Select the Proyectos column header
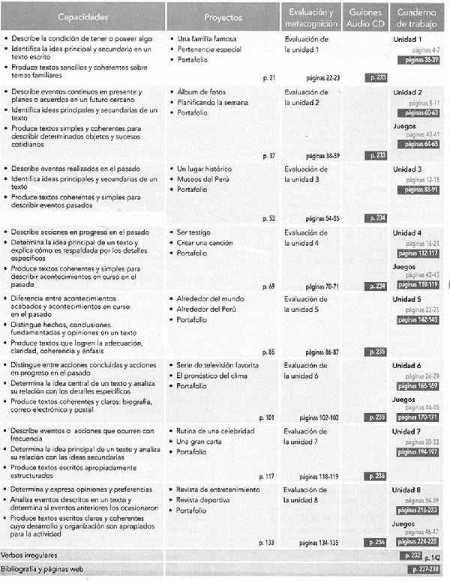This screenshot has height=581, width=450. point(223,16)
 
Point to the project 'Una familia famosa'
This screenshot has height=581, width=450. point(206,37)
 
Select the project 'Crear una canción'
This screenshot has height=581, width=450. point(205,243)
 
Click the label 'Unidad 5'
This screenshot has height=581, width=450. point(408,299)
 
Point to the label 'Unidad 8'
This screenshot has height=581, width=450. point(408,490)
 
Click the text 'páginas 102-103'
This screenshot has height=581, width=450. point(319,417)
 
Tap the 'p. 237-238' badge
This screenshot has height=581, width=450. point(421,570)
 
